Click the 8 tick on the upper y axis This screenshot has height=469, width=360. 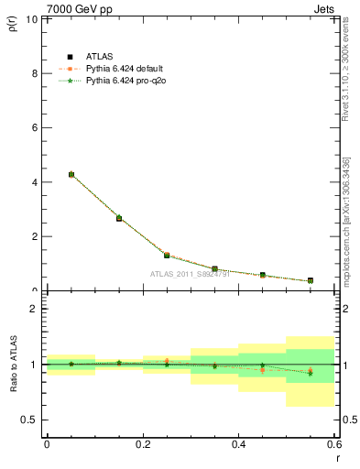[x=34, y=73]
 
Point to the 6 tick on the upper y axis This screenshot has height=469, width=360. [x=34, y=127]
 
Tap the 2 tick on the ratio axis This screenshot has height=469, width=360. [x=34, y=309]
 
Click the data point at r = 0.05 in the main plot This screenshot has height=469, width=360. [x=71, y=174]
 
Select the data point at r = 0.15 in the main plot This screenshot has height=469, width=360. [x=119, y=218]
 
